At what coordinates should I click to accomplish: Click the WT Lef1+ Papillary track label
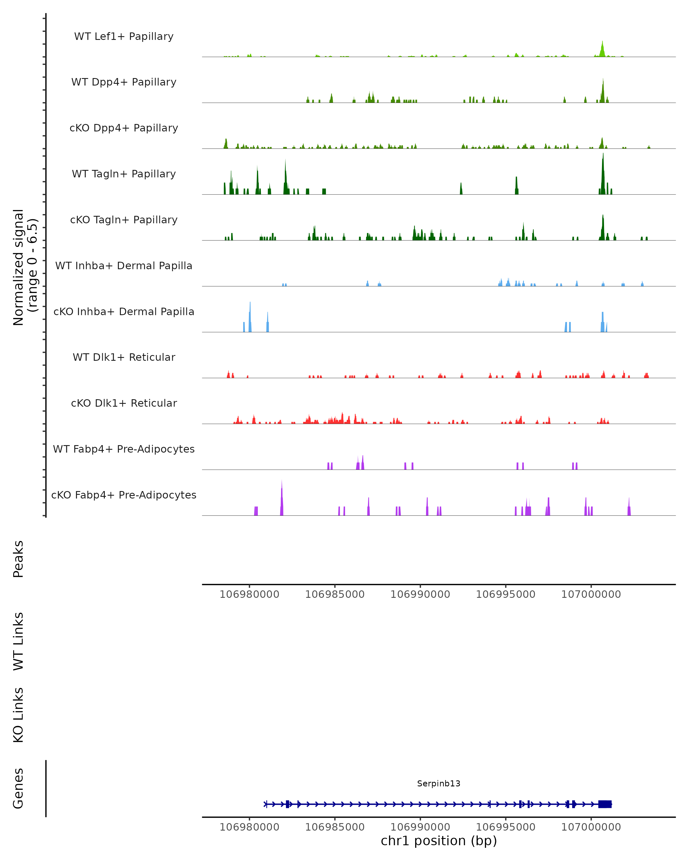pyautogui.click(x=124, y=36)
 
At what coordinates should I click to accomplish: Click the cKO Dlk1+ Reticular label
pyautogui.click(x=124, y=403)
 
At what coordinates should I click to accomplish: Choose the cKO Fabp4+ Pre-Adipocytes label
pyautogui.click(x=124, y=495)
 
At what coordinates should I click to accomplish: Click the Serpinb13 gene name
pyautogui.click(x=439, y=784)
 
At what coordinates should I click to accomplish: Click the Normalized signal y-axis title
pyautogui.click(x=25, y=267)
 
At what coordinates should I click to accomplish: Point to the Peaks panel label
pyautogui.click(x=18, y=559)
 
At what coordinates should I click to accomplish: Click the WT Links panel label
pyautogui.click(x=18, y=641)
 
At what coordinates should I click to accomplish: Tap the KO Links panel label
pyautogui.click(x=18, y=715)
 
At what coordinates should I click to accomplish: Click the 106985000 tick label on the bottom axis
pyautogui.click(x=335, y=827)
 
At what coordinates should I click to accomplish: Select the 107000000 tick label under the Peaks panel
pyautogui.click(x=591, y=594)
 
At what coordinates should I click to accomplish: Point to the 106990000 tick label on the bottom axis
pyautogui.click(x=420, y=827)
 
